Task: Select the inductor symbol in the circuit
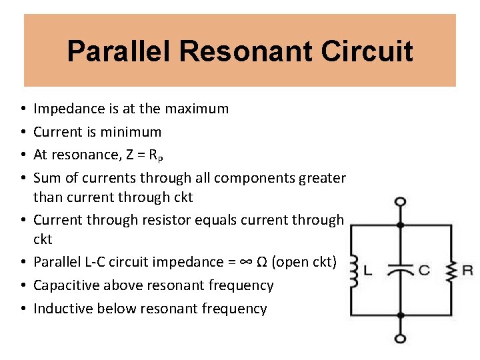[x=353, y=269]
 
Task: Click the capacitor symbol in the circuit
[x=400, y=270]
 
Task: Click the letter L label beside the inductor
[x=367, y=270]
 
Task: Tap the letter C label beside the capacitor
[x=423, y=270]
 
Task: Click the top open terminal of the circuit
[x=400, y=202]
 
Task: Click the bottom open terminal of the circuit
[x=400, y=338]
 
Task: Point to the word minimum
[x=133, y=131]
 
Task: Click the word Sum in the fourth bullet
[x=45, y=177]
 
